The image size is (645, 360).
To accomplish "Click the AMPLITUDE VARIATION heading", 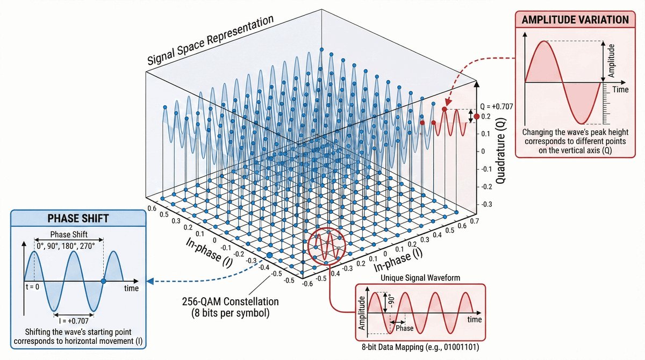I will point(576,19).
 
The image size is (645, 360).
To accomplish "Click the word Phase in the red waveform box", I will point(404,328).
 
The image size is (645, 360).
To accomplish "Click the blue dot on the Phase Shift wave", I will point(104,280).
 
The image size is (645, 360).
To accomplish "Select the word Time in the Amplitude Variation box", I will point(620,90).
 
